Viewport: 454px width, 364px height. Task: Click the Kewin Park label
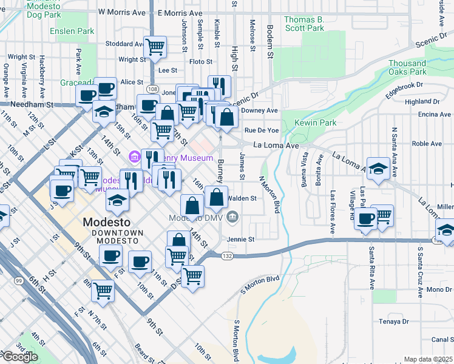coord(315,123)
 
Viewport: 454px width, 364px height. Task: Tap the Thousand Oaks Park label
coord(407,67)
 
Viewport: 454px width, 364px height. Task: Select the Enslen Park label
coord(72,31)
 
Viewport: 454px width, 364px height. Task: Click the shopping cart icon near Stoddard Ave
coord(155,46)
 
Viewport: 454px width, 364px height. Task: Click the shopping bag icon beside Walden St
coord(217,197)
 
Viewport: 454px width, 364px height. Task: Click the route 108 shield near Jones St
coord(152,90)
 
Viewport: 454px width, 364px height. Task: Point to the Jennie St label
coord(241,239)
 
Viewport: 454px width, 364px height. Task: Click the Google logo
coord(20,357)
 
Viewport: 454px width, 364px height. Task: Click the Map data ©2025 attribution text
coord(428,359)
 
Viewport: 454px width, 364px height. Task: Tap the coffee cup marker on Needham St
coord(87,95)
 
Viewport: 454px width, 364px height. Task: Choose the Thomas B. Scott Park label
coord(304,24)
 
